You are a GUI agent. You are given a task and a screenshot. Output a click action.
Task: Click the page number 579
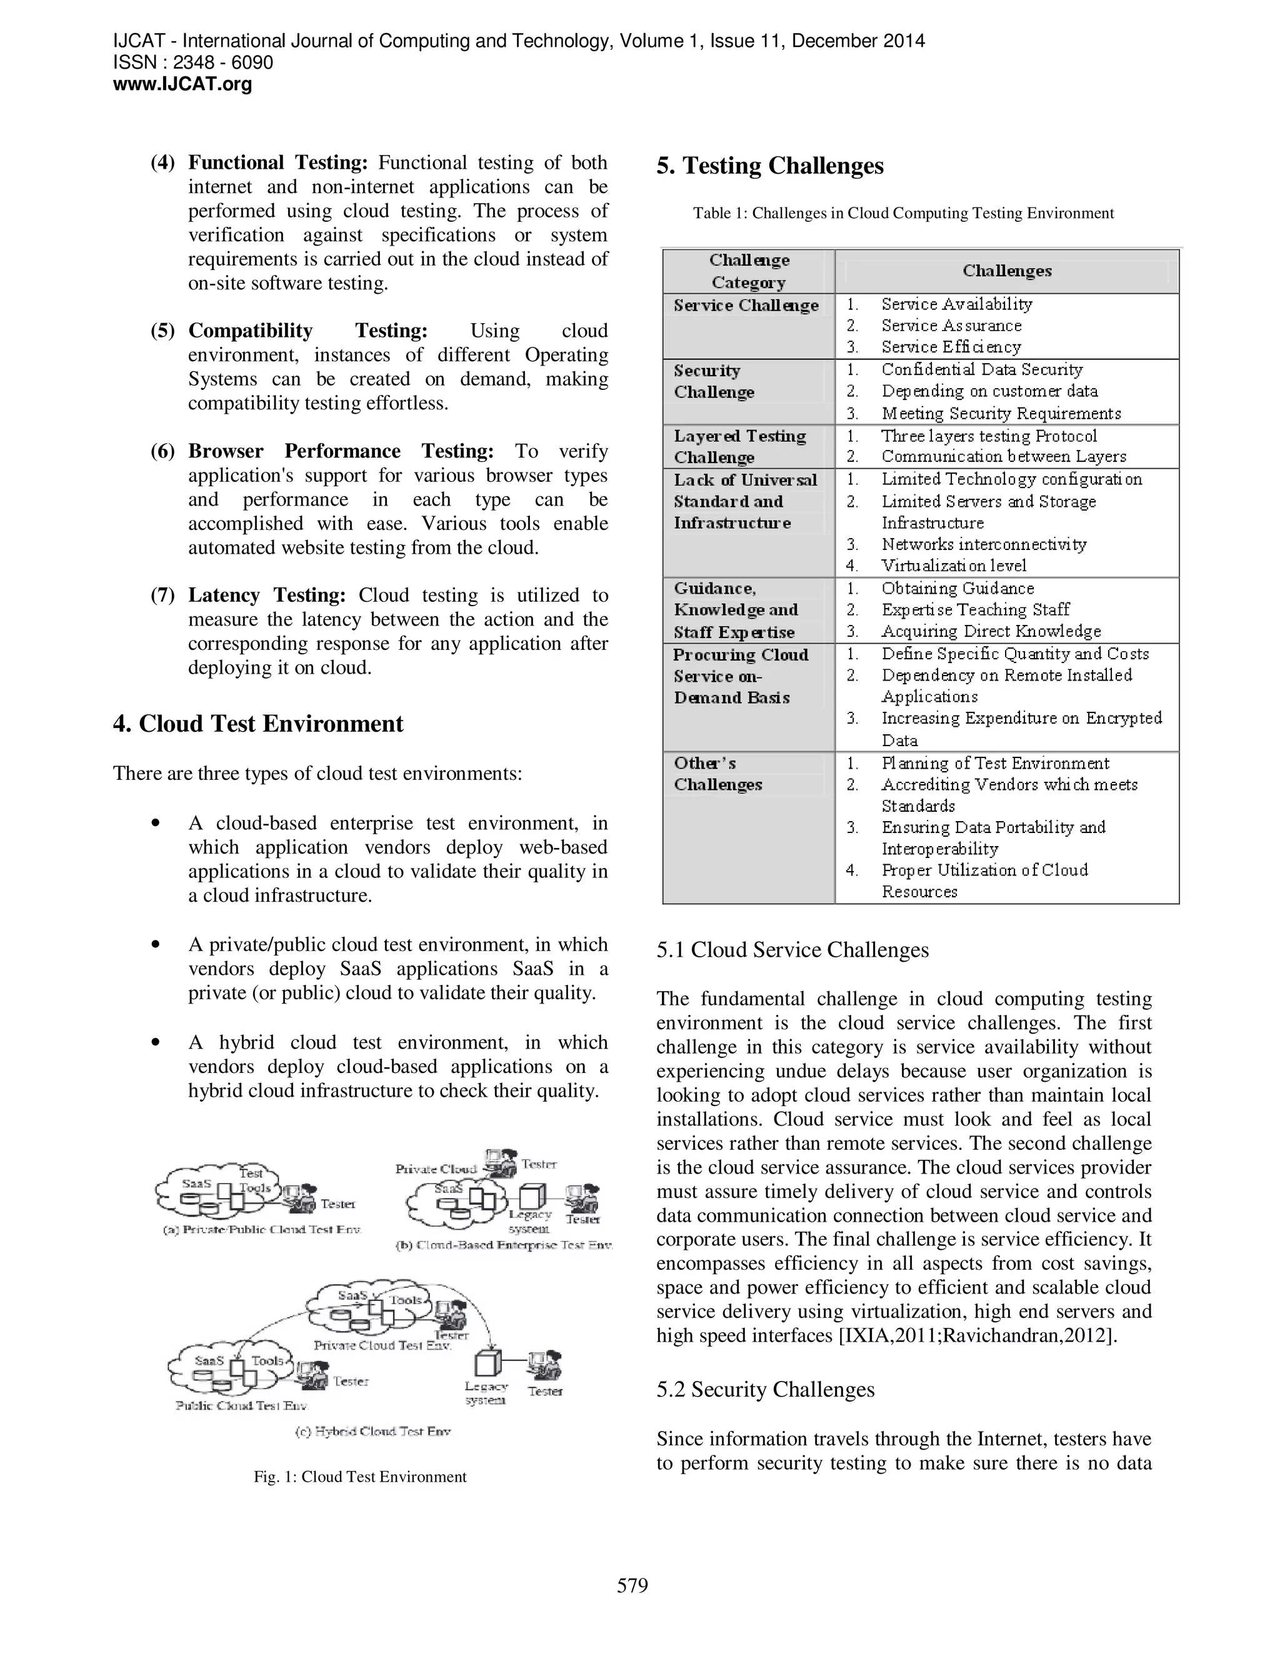pos(632,1585)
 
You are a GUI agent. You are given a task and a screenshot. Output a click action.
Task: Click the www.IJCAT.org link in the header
pos(182,84)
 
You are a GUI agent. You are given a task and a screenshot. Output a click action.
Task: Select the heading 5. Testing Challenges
pos(769,166)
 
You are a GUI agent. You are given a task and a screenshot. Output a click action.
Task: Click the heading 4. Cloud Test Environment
pos(258,724)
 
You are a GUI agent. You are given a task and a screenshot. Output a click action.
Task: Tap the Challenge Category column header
pos(748,271)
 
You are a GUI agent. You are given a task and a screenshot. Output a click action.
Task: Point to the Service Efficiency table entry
pos(951,347)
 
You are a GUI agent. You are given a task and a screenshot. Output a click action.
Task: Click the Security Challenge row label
pos(714,381)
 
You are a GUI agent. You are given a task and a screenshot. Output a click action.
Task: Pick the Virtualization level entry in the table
pos(953,566)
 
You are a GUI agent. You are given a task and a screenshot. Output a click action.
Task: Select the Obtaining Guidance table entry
pos(957,589)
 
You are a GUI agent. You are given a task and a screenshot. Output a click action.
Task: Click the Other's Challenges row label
pos(717,774)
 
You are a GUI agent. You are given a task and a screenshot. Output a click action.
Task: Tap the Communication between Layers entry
pos(1003,456)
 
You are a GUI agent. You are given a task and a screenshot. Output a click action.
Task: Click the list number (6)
pos(162,451)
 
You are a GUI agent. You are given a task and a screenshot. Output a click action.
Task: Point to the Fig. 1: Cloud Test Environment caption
pos(360,1477)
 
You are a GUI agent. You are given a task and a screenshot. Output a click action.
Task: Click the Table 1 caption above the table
pos(902,213)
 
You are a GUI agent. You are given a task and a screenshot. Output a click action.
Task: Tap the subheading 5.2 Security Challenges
pos(765,1389)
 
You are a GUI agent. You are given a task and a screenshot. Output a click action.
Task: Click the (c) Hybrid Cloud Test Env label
pos(372,1432)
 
